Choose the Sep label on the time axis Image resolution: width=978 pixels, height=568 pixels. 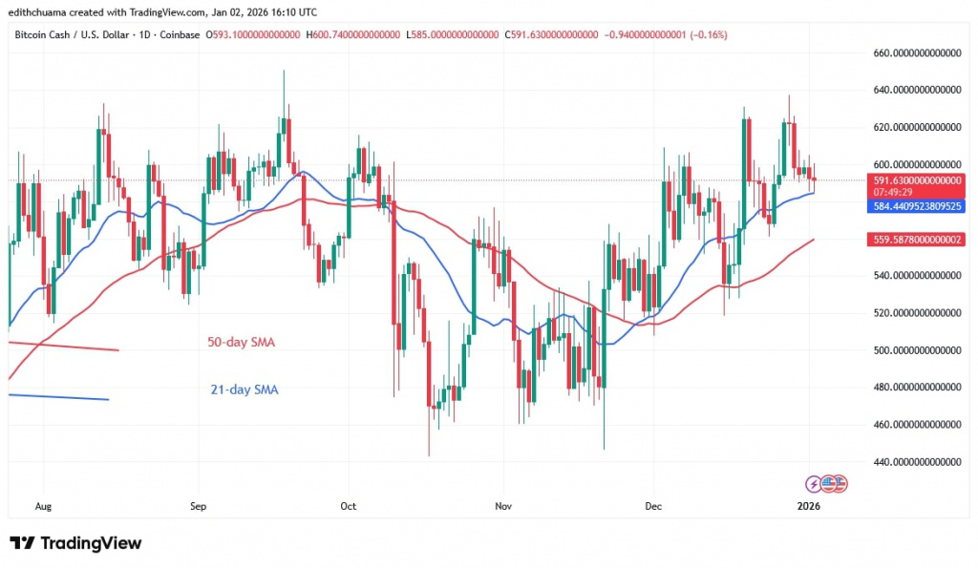click(199, 505)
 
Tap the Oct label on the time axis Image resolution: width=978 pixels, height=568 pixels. click(348, 505)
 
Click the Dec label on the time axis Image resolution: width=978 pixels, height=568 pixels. click(653, 505)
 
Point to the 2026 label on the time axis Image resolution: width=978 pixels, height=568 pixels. click(808, 505)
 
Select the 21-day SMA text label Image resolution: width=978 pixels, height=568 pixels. click(244, 389)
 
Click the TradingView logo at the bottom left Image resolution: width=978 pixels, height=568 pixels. click(75, 543)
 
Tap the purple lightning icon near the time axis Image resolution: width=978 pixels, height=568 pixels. click(814, 484)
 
